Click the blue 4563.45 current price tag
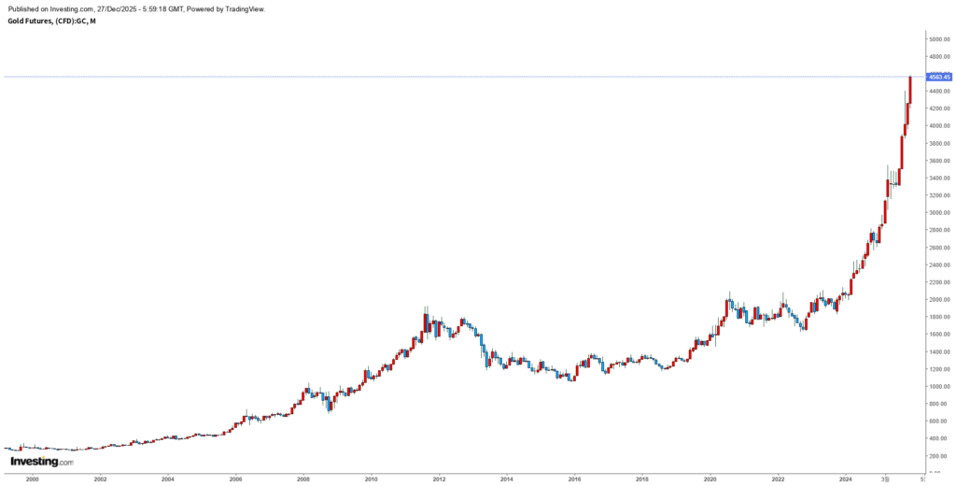[938, 77]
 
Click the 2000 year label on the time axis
[33, 478]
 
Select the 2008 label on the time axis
[303, 478]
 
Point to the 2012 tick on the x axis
[439, 478]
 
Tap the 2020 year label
[710, 478]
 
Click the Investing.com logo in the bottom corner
[41, 462]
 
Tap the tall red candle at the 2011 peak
[426, 322]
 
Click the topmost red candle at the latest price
[910, 91]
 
